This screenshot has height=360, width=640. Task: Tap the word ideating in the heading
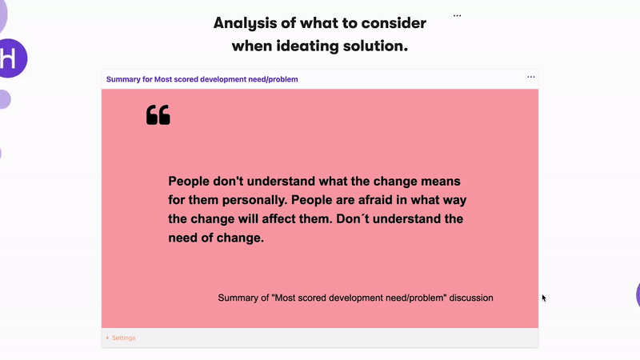307,46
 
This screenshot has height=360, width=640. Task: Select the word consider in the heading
394,23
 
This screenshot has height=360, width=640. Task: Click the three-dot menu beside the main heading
457,15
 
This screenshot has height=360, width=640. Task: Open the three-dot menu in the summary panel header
530,77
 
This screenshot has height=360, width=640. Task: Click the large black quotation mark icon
158,114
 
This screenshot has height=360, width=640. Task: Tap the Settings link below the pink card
124,338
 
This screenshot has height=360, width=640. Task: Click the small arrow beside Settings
107,338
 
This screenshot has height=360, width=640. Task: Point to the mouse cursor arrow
544,298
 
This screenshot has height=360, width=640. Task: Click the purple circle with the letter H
11,58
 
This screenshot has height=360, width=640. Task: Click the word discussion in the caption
471,298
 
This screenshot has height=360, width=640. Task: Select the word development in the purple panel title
223,79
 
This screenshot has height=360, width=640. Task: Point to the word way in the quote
455,201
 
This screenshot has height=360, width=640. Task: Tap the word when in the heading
252,46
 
